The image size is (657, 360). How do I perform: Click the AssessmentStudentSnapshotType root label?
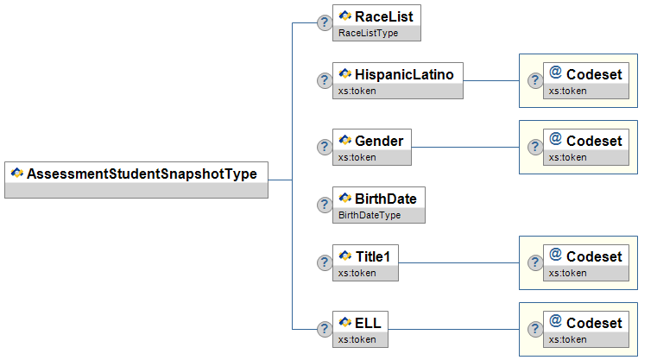coord(142,174)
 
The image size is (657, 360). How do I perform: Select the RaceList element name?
coord(384,16)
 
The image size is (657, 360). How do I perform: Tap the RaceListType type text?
coord(369,33)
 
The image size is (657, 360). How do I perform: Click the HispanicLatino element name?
coord(404,74)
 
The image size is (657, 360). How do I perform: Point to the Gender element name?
coord(379,141)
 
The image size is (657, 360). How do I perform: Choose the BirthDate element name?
coord(386,199)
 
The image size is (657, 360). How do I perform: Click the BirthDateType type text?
coord(370,216)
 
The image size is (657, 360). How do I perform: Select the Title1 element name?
coord(373,256)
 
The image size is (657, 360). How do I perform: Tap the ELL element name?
coord(368,323)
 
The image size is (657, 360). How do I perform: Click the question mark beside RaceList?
coord(325,22)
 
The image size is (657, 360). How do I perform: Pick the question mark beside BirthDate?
coord(325,205)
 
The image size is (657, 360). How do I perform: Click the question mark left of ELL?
coord(325,330)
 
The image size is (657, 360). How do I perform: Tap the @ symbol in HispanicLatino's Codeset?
coord(556,72)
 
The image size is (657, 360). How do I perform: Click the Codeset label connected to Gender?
coord(594,141)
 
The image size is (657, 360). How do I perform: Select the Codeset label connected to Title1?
coord(594,256)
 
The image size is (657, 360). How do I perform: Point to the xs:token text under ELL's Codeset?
coord(568,339)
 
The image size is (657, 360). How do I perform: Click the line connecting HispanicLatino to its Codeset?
coord(491,80)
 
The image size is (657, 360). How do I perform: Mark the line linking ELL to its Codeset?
coord(453,329)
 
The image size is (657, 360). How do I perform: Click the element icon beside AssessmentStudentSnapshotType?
coord(17,173)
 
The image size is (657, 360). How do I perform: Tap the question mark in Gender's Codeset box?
coord(535,147)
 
